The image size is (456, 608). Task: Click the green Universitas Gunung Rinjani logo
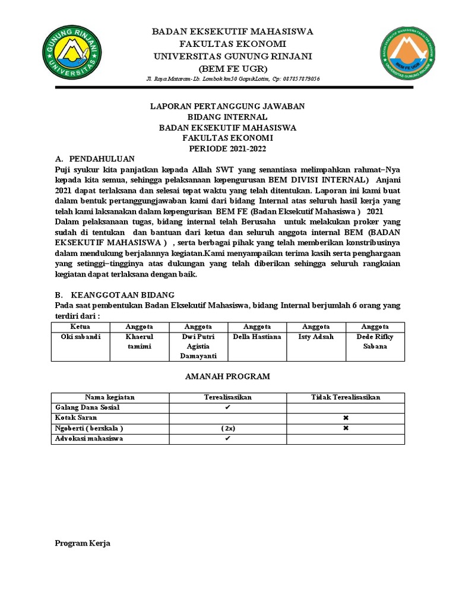point(71,53)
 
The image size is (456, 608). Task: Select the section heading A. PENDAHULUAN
point(95,159)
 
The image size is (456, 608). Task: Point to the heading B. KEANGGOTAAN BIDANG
point(115,294)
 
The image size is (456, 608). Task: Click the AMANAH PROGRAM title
point(227,376)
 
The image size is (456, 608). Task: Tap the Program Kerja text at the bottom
point(83,543)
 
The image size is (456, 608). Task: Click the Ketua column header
point(80,327)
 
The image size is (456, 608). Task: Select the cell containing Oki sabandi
point(81,337)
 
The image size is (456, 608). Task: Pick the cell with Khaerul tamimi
point(140,341)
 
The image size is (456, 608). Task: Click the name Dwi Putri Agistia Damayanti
point(198,346)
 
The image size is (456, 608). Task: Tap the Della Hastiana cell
point(257,337)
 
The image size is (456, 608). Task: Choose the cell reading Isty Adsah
point(316,337)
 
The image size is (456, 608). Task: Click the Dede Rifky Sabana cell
point(375,341)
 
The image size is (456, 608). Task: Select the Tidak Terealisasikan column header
point(346,397)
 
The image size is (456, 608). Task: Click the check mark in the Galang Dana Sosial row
point(227,408)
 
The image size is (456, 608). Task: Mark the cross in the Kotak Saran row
point(346,418)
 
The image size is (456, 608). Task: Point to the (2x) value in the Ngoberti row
point(227,429)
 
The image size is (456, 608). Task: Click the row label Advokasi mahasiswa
point(89,439)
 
